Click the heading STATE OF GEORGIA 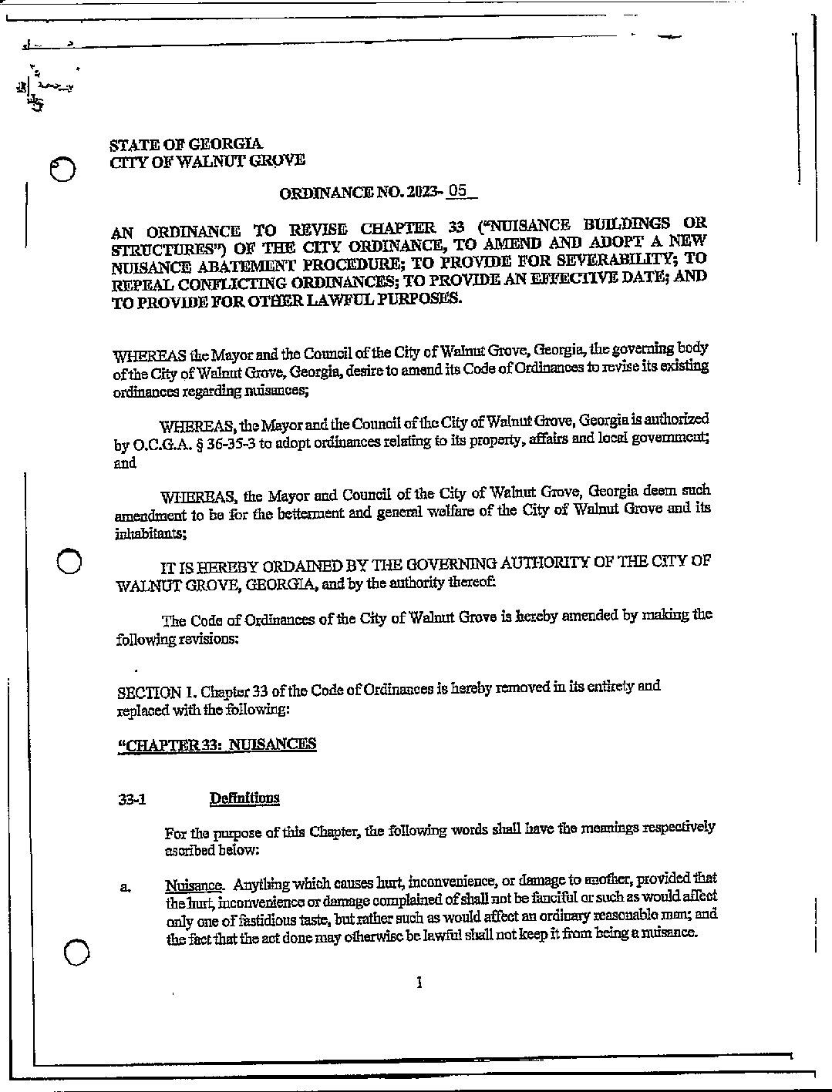(x=186, y=144)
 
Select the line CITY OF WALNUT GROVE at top (x=207, y=161)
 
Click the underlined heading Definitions (x=244, y=798)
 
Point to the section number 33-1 (x=133, y=800)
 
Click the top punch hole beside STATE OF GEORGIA (x=62, y=170)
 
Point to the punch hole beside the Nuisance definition (x=77, y=954)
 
